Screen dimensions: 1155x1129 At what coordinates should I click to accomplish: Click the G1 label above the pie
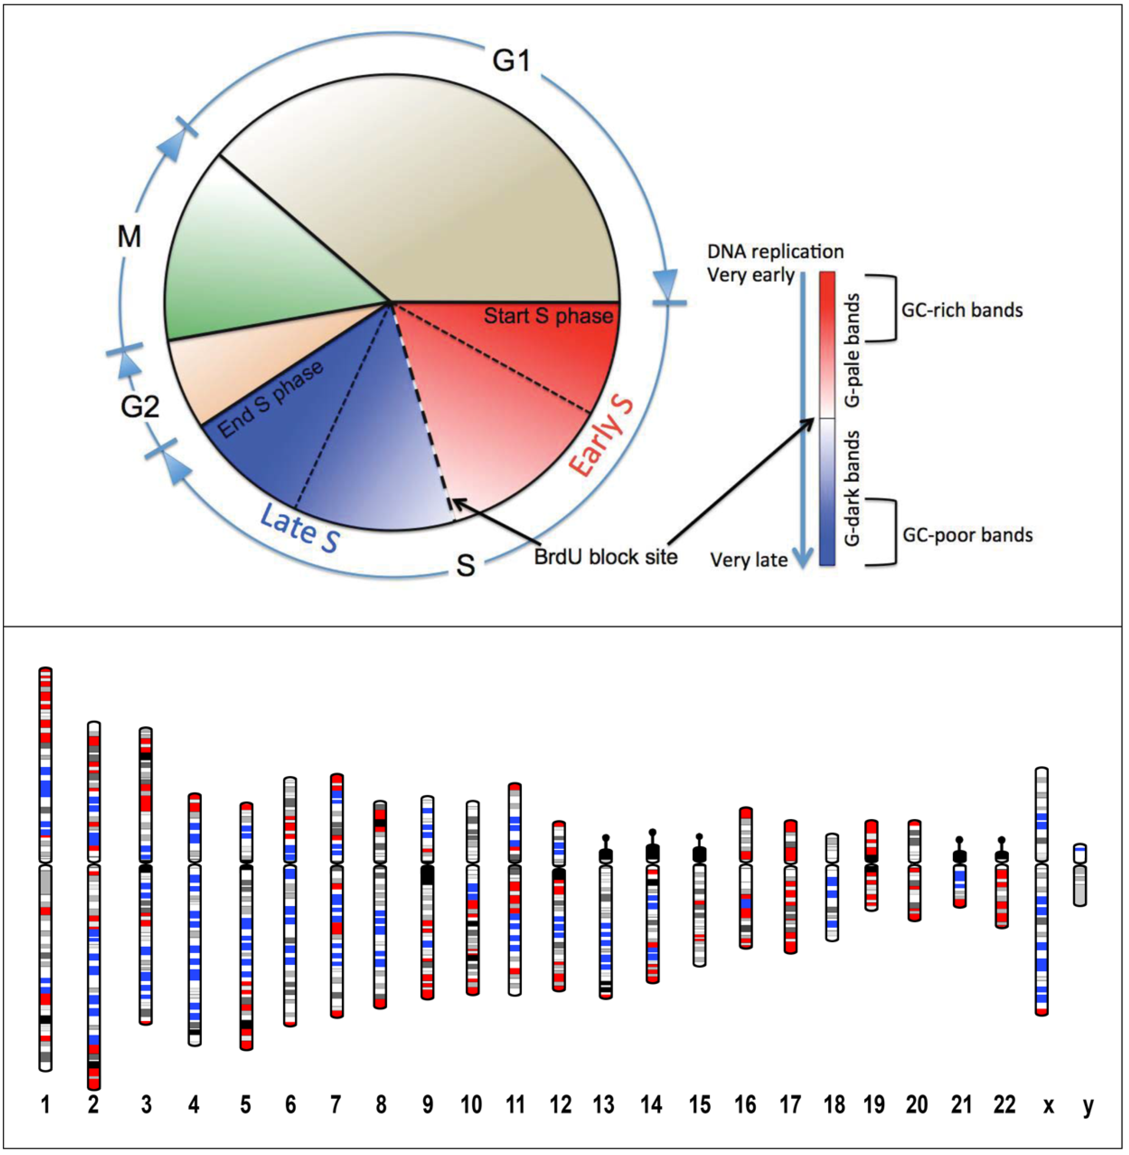tap(511, 60)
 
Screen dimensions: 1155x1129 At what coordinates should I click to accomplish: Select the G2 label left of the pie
tap(140, 407)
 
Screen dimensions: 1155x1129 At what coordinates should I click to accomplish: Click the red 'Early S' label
tap(601, 436)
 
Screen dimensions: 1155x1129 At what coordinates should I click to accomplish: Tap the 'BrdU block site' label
tap(605, 557)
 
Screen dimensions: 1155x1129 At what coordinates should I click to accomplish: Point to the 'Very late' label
tap(749, 560)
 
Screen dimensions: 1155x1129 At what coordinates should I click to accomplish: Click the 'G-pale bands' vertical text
tap(852, 350)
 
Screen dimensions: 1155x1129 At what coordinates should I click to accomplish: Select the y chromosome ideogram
tap(1080, 874)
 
